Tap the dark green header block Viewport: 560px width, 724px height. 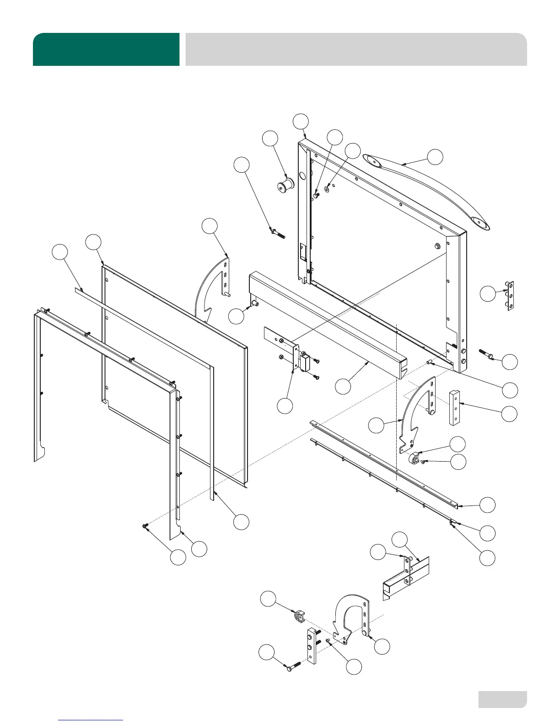(x=106, y=49)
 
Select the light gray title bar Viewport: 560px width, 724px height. (x=356, y=49)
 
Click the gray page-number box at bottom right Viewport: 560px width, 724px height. (x=502, y=699)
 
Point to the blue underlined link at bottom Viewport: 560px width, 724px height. (x=91, y=720)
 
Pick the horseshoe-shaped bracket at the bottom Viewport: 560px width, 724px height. (x=350, y=612)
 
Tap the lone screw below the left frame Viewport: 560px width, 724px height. (x=146, y=527)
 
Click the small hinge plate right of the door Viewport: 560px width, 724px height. (x=511, y=296)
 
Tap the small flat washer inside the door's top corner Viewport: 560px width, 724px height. (x=327, y=189)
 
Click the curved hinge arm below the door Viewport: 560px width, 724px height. (x=414, y=411)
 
